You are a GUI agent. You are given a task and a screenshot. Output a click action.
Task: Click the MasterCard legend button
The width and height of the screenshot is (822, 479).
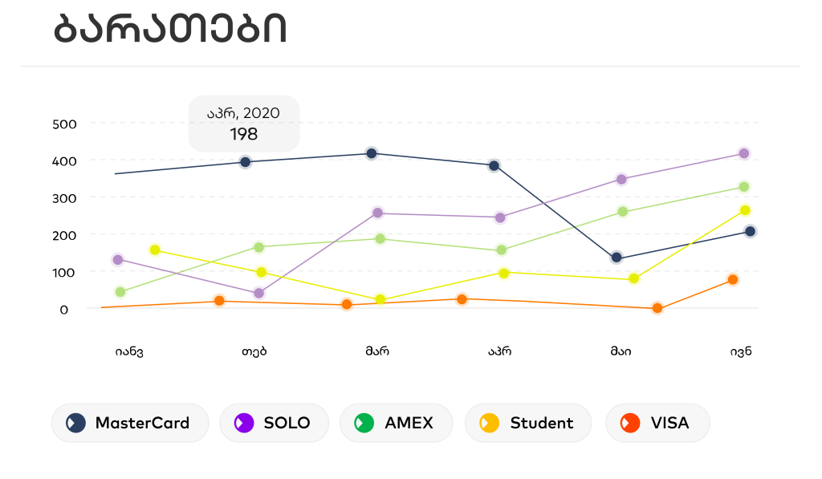[130, 423]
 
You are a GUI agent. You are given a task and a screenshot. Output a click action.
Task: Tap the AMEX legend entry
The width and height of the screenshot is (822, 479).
[397, 423]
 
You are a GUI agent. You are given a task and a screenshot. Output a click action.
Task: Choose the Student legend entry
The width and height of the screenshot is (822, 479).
[528, 423]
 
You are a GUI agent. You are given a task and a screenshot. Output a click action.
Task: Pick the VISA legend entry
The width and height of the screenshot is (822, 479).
[658, 423]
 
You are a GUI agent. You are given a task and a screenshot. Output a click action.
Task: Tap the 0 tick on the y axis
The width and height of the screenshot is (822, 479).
[64, 309]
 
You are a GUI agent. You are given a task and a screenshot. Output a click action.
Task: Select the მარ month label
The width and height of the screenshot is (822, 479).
[376, 351]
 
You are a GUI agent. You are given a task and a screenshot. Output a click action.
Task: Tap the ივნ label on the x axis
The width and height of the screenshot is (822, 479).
[741, 351]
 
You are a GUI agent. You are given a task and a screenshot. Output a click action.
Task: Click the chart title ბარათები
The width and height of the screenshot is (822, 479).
[169, 30]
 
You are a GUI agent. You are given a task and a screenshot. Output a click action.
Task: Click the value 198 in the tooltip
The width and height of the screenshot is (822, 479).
[244, 134]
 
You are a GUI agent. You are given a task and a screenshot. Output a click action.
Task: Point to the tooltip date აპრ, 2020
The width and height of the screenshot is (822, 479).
[244, 113]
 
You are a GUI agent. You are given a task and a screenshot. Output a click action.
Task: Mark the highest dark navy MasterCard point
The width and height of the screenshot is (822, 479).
[372, 153]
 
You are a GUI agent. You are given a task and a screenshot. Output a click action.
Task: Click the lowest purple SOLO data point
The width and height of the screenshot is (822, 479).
[258, 294]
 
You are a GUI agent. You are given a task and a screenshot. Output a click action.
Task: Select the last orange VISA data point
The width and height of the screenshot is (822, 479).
[733, 280]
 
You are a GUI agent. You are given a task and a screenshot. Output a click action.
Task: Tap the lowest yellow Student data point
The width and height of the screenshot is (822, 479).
[380, 300]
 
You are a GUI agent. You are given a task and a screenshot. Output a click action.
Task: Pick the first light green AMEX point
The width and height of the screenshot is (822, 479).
[120, 292]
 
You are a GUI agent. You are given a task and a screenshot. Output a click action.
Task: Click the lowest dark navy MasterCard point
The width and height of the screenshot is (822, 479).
[616, 258]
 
